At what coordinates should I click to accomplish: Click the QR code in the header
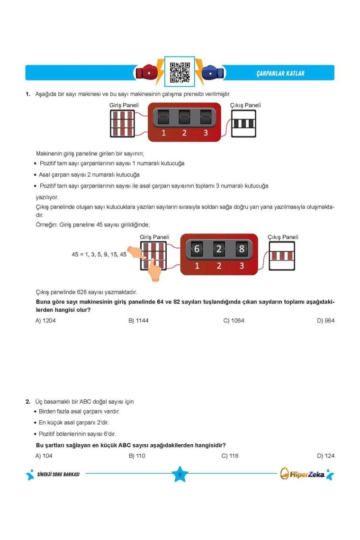(180, 72)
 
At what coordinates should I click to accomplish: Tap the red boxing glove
(144, 73)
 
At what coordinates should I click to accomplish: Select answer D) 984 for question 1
(326, 321)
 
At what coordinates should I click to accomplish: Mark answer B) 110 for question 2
(137, 456)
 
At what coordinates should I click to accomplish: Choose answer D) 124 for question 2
(326, 456)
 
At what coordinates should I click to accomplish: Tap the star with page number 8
(180, 474)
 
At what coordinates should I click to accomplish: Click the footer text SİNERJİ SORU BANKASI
(58, 474)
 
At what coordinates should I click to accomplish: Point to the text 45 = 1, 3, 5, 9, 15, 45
(99, 254)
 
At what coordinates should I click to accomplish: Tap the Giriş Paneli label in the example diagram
(154, 237)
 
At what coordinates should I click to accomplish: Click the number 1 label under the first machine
(163, 133)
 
